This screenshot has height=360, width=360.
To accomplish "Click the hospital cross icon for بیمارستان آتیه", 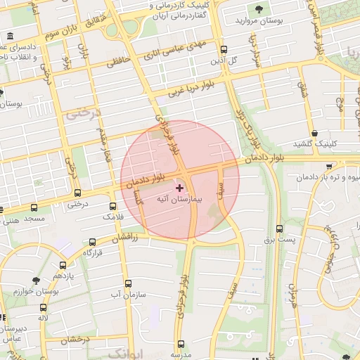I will (x=179, y=188).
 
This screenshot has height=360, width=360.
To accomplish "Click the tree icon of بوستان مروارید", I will (x=259, y=10).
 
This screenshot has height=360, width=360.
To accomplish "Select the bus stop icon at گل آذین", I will (x=224, y=50).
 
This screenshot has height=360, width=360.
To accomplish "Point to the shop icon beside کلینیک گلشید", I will (x=314, y=133).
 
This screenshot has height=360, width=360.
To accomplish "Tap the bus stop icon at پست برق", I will (x=280, y=229).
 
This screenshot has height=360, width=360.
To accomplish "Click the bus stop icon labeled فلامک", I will (x=113, y=207).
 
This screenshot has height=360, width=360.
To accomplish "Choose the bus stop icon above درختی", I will (x=77, y=193).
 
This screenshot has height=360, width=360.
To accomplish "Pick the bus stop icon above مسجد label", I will (x=34, y=207).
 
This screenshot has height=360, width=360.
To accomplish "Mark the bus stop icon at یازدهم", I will (x=63, y=266).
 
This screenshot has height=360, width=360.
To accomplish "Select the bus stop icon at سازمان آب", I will (x=128, y=284).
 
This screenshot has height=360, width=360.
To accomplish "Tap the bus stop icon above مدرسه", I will (x=181, y=345).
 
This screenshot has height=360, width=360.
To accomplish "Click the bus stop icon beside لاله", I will (x=44, y=307).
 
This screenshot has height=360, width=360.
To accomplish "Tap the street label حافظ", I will (x=119, y=62).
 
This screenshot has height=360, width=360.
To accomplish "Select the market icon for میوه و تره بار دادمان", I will (x=330, y=166).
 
